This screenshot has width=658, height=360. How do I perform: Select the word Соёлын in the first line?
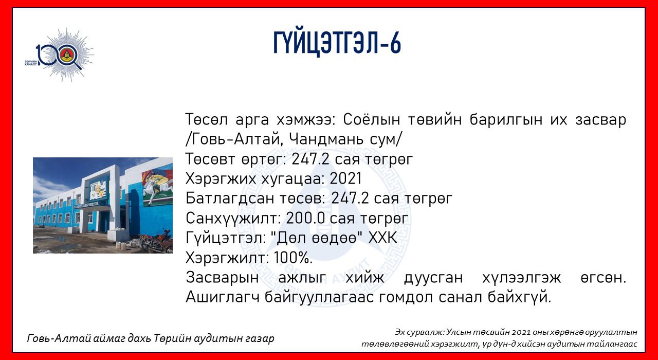coord(372,119)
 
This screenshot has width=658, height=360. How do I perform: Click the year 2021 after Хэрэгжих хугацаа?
coord(345,178)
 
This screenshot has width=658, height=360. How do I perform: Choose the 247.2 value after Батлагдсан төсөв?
coord(350,199)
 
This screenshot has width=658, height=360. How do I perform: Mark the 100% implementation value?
coord(293,258)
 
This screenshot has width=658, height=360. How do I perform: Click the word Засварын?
coord(223,277)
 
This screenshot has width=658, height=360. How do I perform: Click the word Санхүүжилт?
coord(233,218)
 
